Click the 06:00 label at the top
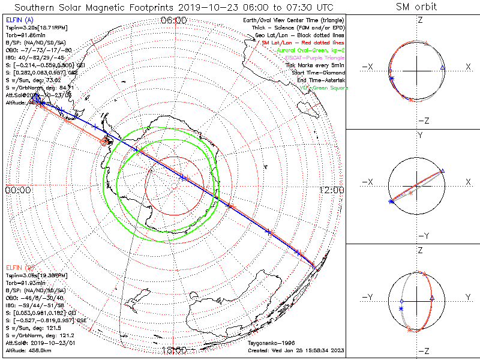(173, 20)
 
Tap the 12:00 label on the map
(331, 190)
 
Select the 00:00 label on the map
(18, 190)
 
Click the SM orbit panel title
(416, 7)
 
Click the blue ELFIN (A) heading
(19, 20)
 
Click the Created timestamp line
(295, 350)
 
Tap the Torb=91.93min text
(26, 282)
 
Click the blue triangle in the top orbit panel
(442, 69)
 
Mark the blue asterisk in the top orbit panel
(391, 79)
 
